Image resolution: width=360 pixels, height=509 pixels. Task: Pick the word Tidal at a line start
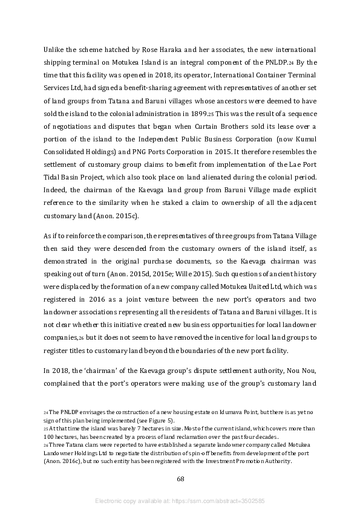tap(52, 178)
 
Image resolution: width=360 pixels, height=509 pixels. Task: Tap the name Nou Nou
tap(300, 371)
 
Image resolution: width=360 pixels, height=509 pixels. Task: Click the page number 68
tap(180, 479)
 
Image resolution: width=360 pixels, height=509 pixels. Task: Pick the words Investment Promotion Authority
tap(234, 461)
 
